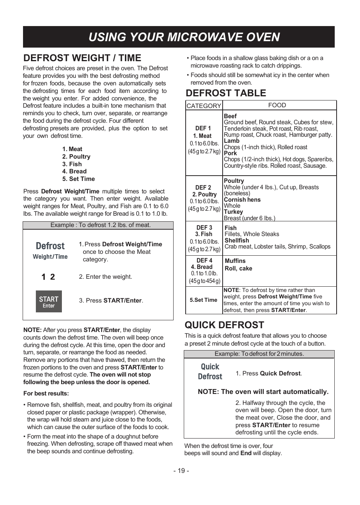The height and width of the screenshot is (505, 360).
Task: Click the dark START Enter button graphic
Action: coord(49,301)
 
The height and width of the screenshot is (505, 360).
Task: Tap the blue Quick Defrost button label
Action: coord(210,372)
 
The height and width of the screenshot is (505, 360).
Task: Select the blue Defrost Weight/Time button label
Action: coord(50,250)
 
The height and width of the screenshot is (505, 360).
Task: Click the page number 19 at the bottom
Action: coord(181,471)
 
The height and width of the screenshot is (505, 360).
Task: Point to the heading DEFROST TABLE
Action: coord(226,93)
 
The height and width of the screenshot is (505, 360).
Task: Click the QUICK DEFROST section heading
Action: coord(224,325)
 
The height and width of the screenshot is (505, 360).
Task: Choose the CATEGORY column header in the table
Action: coord(204,106)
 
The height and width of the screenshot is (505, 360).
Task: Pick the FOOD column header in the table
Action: coord(277,105)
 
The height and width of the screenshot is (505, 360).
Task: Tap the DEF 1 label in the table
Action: coord(203,128)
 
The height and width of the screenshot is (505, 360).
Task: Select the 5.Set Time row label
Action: coord(203,300)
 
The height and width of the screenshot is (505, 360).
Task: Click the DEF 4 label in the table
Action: coord(205,261)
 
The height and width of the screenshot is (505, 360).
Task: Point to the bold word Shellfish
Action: coord(237,241)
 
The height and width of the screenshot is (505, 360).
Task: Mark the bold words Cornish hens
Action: coord(242,200)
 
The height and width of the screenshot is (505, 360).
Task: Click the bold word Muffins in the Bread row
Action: coord(235,261)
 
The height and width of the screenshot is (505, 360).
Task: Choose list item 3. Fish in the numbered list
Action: coord(72,164)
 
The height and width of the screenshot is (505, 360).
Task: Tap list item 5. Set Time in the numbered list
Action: coord(78,179)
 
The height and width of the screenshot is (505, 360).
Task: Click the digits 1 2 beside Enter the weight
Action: coord(48,277)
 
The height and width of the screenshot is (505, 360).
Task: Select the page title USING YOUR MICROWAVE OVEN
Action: coord(184,37)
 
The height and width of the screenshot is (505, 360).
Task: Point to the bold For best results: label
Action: coord(46,394)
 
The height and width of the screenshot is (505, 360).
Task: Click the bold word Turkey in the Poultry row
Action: coord(233,212)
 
